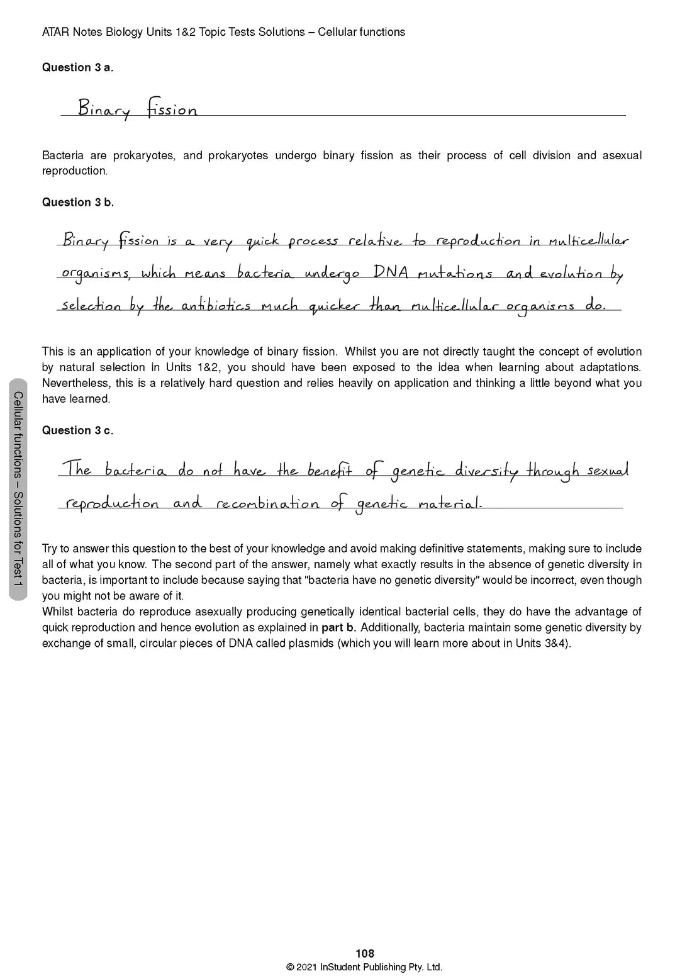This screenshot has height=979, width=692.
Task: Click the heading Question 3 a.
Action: [x=77, y=67]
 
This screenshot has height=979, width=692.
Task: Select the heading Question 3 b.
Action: [x=77, y=202]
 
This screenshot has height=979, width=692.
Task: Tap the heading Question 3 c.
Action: [x=77, y=430]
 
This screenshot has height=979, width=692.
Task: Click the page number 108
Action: [x=365, y=954]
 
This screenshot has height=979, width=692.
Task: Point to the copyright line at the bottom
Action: [x=364, y=968]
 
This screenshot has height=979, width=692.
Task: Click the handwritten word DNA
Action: [x=391, y=273]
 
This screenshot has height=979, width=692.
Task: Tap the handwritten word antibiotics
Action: [x=216, y=306]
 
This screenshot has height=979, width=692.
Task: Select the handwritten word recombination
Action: [x=267, y=504]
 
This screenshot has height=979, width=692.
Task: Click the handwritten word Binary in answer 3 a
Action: [x=104, y=109]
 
